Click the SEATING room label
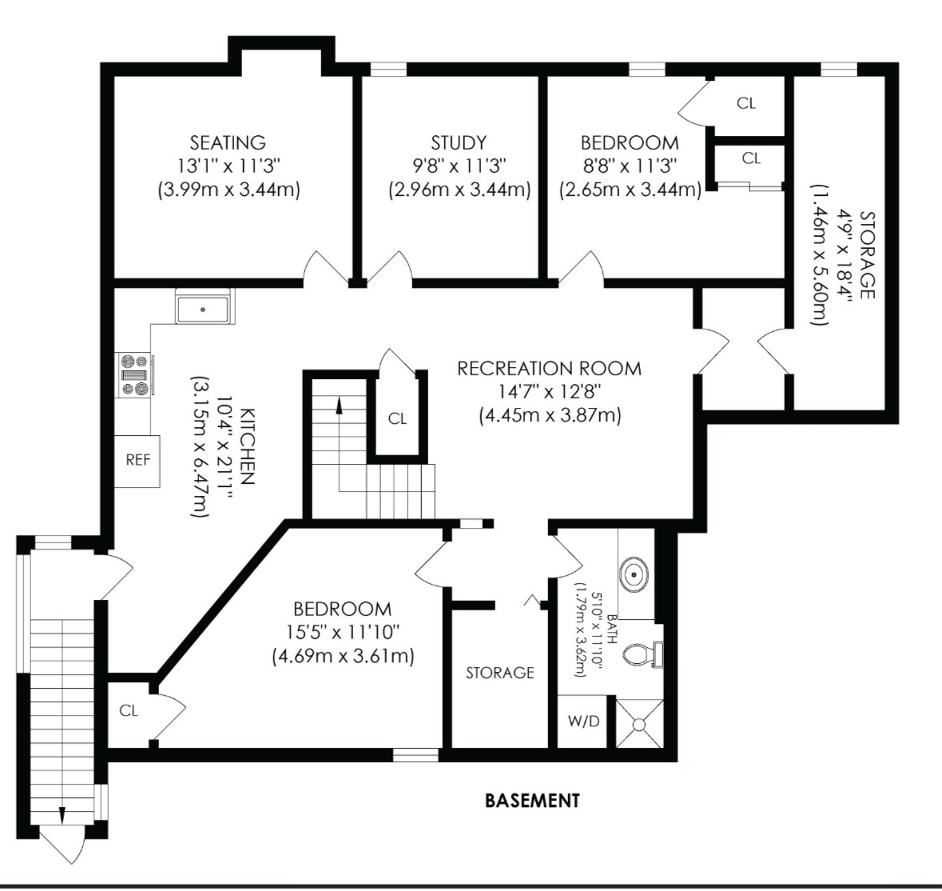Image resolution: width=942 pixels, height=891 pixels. click(228, 142)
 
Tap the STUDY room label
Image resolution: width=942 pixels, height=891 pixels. click(459, 142)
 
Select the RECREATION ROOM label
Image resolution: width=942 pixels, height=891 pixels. click(549, 368)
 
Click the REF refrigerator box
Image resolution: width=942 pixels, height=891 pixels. click(137, 461)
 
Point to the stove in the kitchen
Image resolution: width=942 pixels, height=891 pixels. click(134, 374)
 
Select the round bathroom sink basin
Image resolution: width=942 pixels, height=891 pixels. click(634, 575)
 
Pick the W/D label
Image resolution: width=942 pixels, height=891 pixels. click(583, 721)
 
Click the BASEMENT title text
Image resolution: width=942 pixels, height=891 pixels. click(532, 801)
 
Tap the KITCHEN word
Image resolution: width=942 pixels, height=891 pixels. click(248, 445)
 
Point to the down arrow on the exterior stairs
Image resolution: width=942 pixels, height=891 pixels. click(62, 815)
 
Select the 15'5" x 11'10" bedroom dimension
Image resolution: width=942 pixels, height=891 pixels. click(343, 633)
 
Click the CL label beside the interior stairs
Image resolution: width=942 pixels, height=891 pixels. click(397, 418)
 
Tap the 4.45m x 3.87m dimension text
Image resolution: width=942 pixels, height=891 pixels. click(550, 415)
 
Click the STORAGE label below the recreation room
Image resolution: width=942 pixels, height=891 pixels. click(500, 673)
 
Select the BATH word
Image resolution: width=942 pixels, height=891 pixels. click(611, 629)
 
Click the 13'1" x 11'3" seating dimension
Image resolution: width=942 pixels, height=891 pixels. click(229, 166)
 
